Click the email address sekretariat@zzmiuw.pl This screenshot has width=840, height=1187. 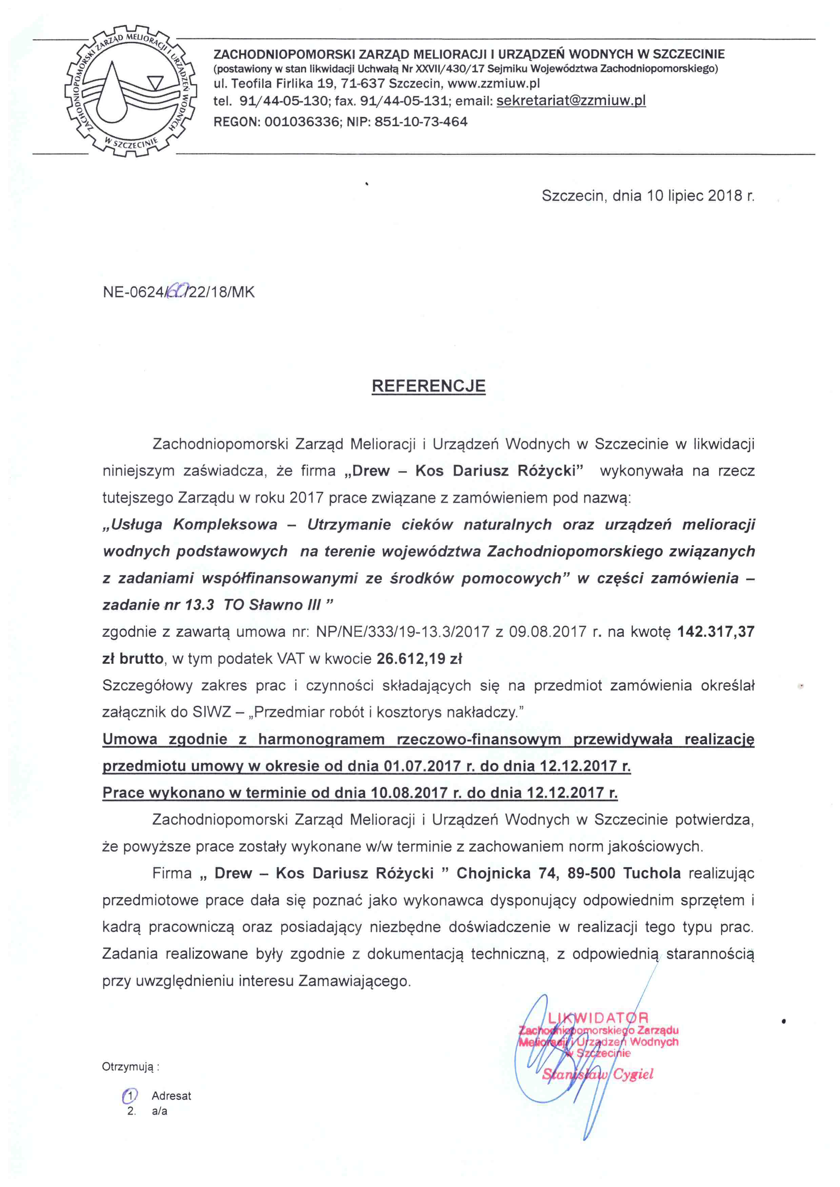click(x=571, y=101)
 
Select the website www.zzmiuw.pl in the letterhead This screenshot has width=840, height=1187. click(x=494, y=83)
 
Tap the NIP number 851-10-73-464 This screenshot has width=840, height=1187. click(x=421, y=122)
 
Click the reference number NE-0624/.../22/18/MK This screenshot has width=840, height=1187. click(x=178, y=292)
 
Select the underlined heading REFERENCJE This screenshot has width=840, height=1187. click(x=428, y=386)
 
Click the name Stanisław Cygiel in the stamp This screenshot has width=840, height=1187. click(x=597, y=1074)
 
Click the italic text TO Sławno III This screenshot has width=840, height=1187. click(x=273, y=605)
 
